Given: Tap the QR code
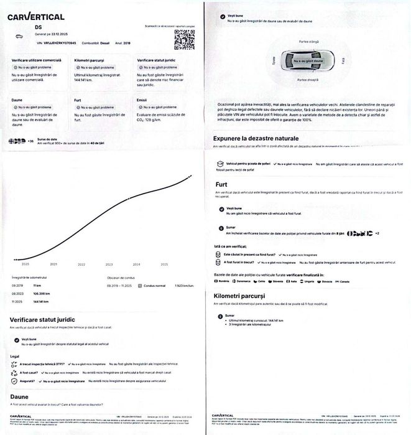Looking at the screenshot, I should point(184,39).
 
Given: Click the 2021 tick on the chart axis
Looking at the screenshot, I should point(53,264).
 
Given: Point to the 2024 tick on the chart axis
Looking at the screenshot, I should point(137,264).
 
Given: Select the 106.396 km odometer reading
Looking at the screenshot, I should point(42,292).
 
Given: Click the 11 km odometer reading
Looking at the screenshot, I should point(37,284).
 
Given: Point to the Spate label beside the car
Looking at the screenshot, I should point(272,61).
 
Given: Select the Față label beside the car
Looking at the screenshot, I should point(343,61).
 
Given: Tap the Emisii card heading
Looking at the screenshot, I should point(142,100).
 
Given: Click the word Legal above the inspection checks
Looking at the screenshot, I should point(15,357).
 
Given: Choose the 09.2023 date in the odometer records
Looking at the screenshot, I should point(17,292).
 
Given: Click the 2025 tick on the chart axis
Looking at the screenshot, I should point(165,264).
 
